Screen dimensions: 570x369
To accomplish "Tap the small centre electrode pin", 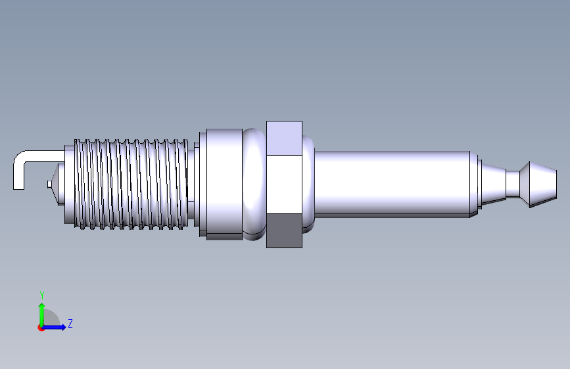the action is click(49, 185).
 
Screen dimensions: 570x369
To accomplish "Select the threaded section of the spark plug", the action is click(131, 184).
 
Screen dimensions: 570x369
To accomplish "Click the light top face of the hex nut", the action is click(284, 138).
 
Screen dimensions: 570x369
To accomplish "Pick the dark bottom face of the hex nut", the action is click(284, 230).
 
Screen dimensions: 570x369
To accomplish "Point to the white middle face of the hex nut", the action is click(284, 185).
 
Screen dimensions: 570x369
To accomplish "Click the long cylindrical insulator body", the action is click(392, 184).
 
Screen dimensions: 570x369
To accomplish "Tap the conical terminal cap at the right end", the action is click(538, 185).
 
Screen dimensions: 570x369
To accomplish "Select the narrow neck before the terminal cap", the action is click(513, 184).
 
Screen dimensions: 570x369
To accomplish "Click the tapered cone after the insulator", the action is click(494, 184).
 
